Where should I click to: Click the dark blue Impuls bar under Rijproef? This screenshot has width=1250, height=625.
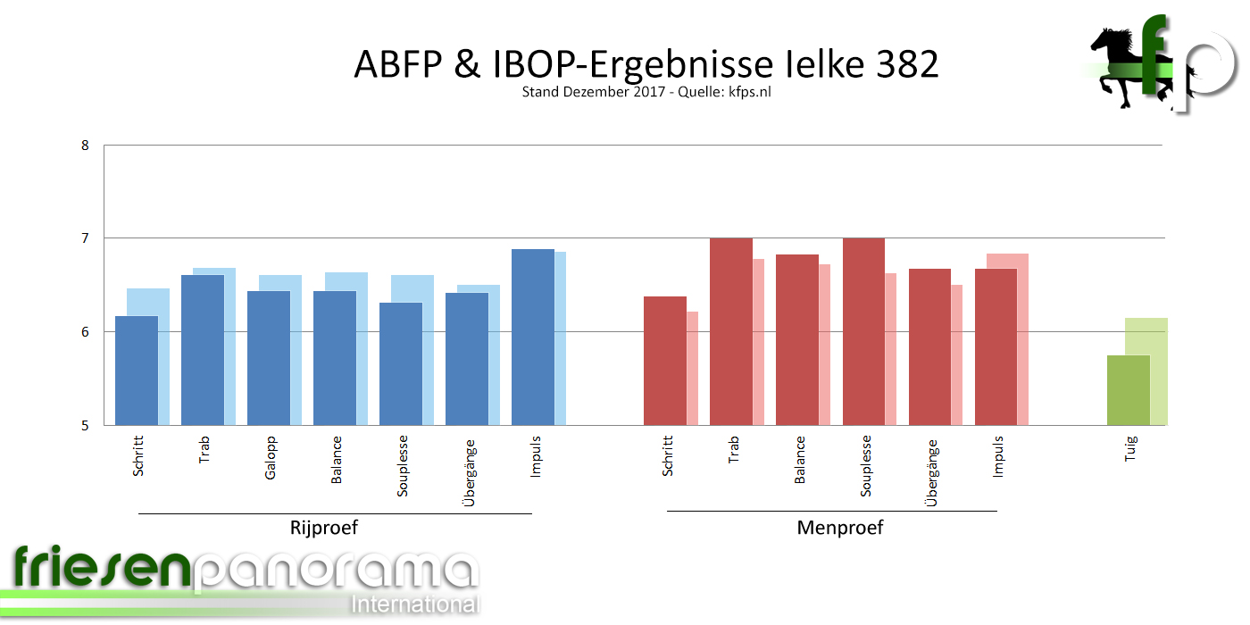click(533, 337)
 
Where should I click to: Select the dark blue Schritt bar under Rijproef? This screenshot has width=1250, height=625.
click(137, 371)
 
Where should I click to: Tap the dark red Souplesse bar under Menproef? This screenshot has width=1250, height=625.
click(863, 332)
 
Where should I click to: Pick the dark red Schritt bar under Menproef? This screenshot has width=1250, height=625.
click(665, 361)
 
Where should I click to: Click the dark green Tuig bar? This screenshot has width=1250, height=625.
click(1129, 390)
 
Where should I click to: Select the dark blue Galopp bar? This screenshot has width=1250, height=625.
click(269, 358)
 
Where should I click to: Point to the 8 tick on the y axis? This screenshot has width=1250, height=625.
click(86, 146)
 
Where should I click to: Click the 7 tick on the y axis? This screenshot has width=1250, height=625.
click(86, 238)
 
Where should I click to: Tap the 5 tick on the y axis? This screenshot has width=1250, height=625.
click(86, 425)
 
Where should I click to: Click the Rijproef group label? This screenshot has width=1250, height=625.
click(324, 528)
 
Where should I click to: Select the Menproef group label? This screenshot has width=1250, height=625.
click(839, 528)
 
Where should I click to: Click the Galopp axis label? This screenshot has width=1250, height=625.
click(271, 457)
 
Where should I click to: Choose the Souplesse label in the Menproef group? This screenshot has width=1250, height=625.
click(866, 466)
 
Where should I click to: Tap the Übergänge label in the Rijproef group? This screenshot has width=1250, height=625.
click(470, 472)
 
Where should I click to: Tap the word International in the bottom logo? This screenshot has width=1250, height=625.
click(415, 604)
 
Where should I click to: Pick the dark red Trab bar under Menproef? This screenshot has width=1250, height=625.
click(731, 332)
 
